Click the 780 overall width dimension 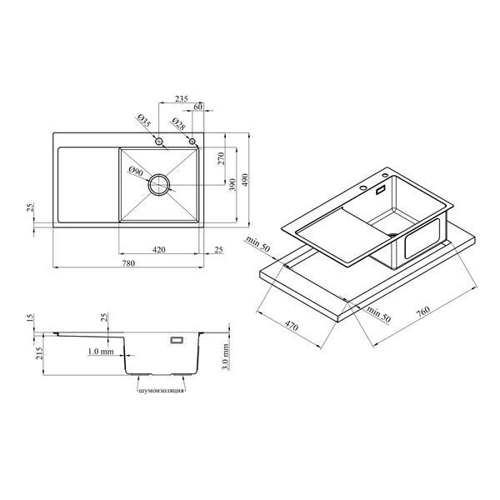point(128,263)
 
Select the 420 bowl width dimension point(158,249)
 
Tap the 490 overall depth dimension point(244,180)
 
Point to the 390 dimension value point(232,185)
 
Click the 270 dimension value point(221,158)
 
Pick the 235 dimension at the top point(181,98)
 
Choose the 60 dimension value point(198,107)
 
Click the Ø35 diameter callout point(144,121)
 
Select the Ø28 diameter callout point(178,124)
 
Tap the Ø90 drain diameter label point(136,172)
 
